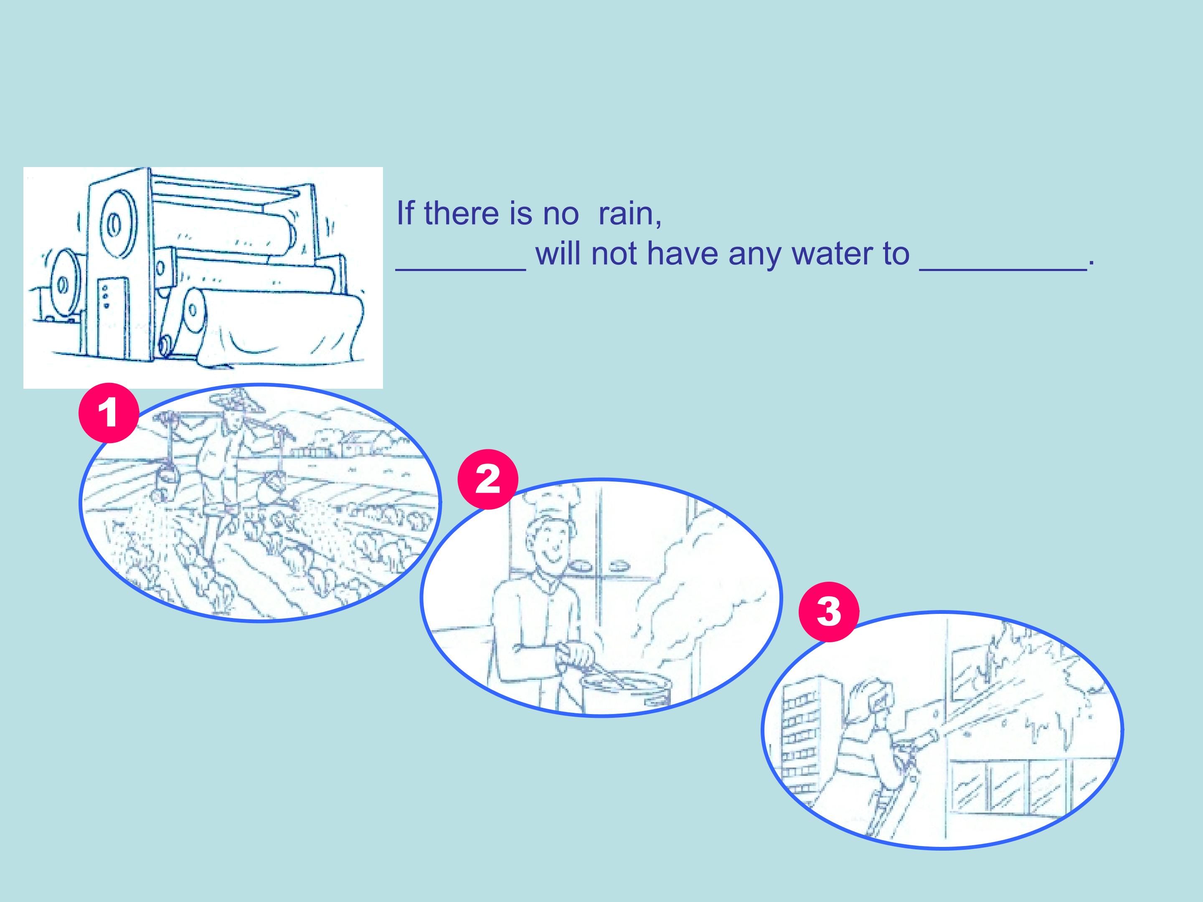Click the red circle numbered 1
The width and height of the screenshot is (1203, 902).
coord(109,413)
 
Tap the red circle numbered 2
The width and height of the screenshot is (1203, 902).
coord(488,479)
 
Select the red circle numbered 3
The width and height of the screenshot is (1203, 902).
coord(828,612)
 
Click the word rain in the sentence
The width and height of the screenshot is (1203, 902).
coord(630,213)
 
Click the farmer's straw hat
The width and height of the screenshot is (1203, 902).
coord(237,401)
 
